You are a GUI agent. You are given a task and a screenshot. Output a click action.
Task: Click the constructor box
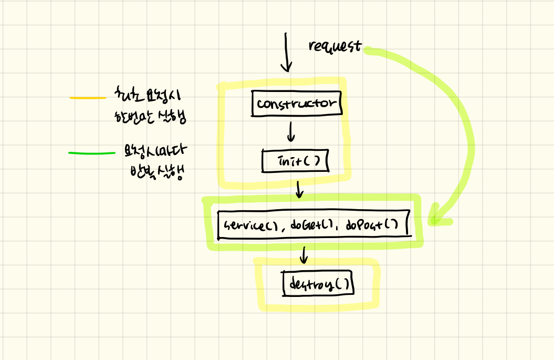pos(297,103)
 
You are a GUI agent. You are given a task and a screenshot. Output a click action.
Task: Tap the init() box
pos(295,161)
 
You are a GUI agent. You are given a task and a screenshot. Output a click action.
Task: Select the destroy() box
pos(318,284)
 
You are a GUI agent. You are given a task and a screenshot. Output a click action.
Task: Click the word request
pos(335,46)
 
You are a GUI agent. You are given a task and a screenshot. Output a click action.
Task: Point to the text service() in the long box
pos(249,225)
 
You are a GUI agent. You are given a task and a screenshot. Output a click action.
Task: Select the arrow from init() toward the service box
pos(299,189)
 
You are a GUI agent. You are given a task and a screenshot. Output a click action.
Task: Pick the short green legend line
pos(91,153)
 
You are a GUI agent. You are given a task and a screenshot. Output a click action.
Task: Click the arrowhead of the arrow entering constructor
pos(286,67)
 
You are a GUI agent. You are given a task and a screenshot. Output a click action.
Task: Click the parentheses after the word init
pos(311,161)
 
